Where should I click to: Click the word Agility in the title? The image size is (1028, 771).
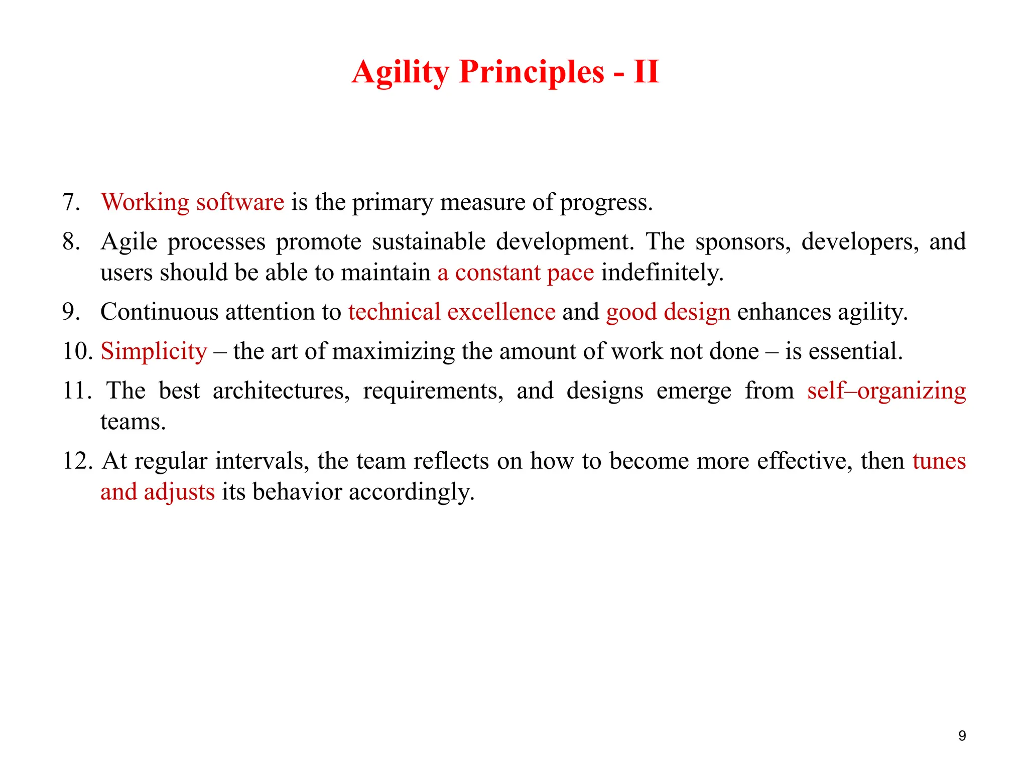click(x=400, y=73)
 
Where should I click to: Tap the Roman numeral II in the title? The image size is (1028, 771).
click(x=646, y=72)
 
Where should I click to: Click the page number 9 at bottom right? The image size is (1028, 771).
click(x=962, y=736)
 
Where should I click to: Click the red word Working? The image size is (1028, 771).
click(x=145, y=202)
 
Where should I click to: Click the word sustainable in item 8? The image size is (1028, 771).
click(x=428, y=242)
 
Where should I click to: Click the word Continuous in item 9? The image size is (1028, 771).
click(x=159, y=312)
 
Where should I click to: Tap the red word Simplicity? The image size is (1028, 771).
click(x=154, y=351)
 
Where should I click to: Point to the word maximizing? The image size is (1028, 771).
click(x=393, y=351)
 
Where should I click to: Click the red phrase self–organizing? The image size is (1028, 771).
click(x=886, y=391)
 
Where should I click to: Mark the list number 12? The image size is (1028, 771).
click(x=77, y=461)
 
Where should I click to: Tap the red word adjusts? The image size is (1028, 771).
click(x=179, y=492)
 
